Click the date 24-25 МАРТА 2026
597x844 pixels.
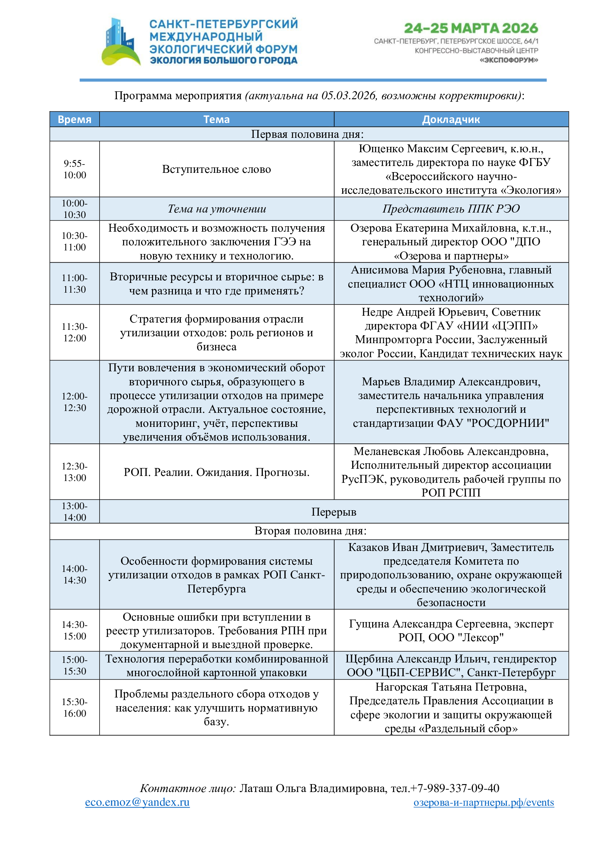471,28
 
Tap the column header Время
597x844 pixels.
75,119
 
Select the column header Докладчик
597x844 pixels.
451,119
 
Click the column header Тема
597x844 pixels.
217,119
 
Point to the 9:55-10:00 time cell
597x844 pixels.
75,169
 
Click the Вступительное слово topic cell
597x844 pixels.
217,169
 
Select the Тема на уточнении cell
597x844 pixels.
217,209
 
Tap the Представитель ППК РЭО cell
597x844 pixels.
451,209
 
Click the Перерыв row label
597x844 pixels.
334,512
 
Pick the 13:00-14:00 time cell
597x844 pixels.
75,512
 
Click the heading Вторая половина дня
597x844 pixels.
310,531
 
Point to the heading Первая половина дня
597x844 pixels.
307,134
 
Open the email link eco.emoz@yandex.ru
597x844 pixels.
137,802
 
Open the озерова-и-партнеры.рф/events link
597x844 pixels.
483,802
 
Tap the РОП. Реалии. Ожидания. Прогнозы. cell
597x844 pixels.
217,472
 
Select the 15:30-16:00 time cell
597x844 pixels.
75,708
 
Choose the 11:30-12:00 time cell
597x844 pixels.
75,332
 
